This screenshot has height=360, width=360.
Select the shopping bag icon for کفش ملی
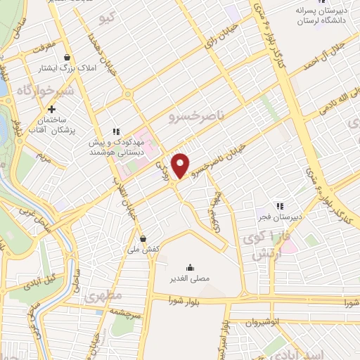pos(143,238)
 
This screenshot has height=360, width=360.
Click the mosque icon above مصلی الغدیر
pos(189,267)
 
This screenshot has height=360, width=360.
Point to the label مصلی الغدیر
pos(188,279)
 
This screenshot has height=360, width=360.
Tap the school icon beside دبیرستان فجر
pos(279,205)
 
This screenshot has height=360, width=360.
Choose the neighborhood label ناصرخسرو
pos(193,120)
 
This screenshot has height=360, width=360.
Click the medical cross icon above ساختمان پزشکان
pos(51,109)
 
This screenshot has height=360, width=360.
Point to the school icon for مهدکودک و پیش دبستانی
pos(117,131)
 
